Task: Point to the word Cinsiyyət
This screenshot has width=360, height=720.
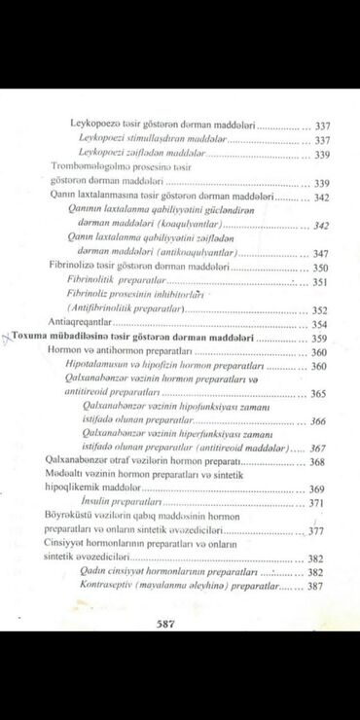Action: coord(69,544)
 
